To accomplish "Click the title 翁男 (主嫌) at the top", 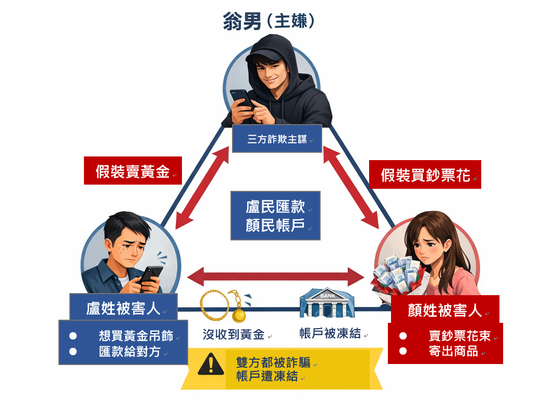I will click(268, 21).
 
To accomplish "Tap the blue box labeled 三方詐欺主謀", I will click(277, 140).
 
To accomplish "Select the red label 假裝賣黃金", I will click(133, 171).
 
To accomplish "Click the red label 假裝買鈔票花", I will click(425, 175).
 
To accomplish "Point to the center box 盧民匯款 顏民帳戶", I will click(275, 215).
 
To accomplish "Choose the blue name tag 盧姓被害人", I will click(124, 308).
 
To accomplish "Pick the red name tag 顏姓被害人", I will click(444, 310).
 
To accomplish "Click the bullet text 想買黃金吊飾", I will click(136, 336).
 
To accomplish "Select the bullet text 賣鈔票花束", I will click(459, 336).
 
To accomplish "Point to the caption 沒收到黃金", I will click(233, 334).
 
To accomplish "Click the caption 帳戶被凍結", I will click(330, 333).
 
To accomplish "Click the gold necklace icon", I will click(225, 306).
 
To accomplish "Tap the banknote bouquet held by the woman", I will click(396, 274).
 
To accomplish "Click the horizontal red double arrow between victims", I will click(276, 275).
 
